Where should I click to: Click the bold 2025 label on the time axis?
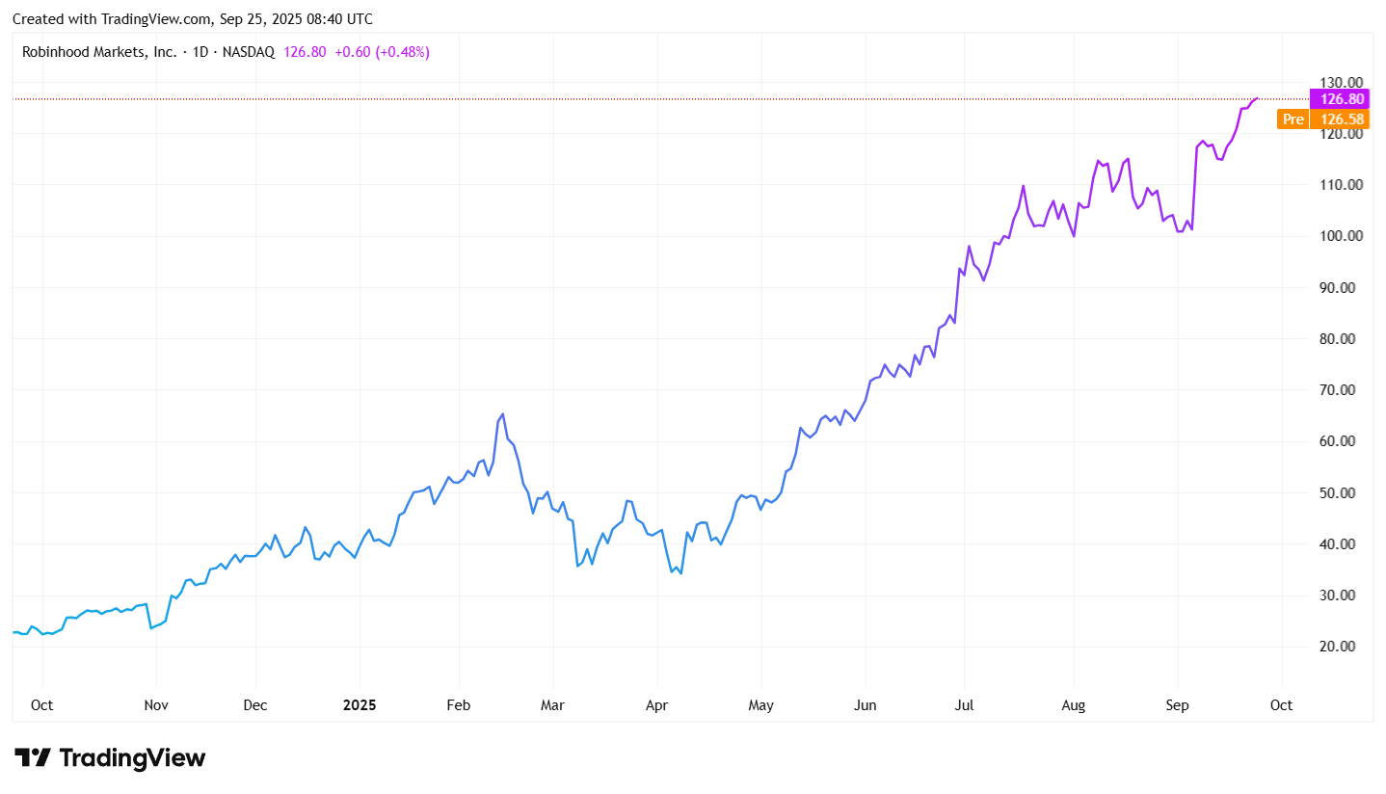pos(360,705)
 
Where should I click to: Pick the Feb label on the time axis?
pos(459,705)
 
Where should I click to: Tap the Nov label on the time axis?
pos(156,705)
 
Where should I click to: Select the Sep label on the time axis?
pos(1177,705)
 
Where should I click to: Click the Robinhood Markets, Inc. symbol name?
pos(99,52)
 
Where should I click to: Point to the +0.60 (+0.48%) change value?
pos(382,52)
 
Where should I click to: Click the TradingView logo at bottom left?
pos(110,758)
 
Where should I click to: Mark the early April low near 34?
pos(680,573)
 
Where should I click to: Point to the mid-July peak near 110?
pos(1024,186)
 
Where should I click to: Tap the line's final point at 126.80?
pos(1257,98)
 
